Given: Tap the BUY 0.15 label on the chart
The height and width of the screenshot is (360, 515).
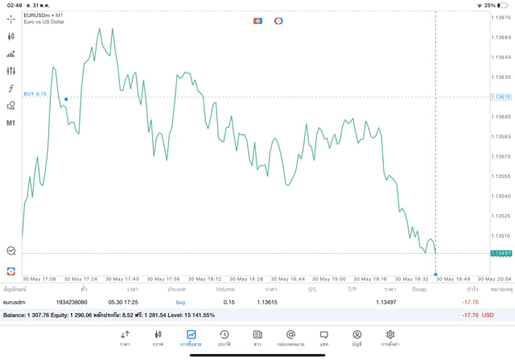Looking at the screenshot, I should (x=35, y=94).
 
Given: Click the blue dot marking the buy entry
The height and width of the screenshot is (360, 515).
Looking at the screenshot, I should (x=66, y=99).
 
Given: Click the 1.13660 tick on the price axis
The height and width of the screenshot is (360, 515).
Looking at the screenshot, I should (x=501, y=37).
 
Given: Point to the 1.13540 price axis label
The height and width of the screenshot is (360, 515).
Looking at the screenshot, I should (x=501, y=196).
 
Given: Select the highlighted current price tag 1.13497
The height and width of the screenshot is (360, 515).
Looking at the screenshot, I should (x=501, y=253).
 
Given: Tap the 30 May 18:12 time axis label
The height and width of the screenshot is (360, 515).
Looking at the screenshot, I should (x=208, y=279).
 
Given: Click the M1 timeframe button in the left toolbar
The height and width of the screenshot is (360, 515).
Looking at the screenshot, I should (x=11, y=123).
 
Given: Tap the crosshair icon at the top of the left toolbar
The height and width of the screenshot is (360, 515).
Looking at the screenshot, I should (x=11, y=19).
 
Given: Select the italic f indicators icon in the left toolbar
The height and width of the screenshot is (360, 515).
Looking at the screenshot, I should (x=11, y=89).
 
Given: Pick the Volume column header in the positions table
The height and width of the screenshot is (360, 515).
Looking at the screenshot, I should (x=225, y=288).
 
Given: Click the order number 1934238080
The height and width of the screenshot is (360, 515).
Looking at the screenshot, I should (x=72, y=302).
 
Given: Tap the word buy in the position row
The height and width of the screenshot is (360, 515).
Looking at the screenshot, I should (x=180, y=302).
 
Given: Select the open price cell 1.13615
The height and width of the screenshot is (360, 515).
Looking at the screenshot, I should (x=268, y=302).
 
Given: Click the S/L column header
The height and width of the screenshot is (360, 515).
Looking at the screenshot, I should (x=312, y=288).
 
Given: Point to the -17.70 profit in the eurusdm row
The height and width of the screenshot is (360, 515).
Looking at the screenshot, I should (x=471, y=302).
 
